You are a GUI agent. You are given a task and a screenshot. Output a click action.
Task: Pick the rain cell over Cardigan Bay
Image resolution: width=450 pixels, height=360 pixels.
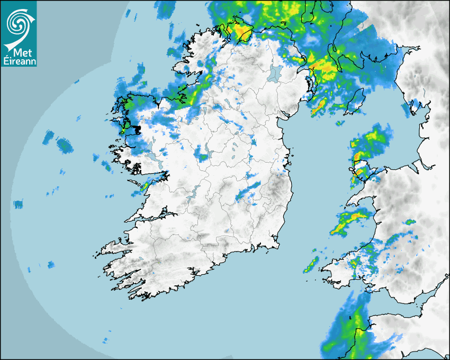pyautogui.click(x=349, y=221)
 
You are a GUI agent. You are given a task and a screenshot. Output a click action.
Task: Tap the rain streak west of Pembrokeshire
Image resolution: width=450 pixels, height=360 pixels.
pyautogui.click(x=311, y=265)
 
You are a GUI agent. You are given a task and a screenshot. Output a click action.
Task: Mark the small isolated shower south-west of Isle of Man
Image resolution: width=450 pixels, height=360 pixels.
pyautogui.click(x=339, y=123)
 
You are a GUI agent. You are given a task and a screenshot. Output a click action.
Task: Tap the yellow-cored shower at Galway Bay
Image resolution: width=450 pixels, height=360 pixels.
pyautogui.click(x=145, y=185)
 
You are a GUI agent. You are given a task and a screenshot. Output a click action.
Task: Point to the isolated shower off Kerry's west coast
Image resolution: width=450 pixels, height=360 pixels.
pyautogui.click(x=51, y=264)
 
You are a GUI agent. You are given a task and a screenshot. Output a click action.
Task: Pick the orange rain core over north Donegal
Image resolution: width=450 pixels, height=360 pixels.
pyautogui.click(x=243, y=34)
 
